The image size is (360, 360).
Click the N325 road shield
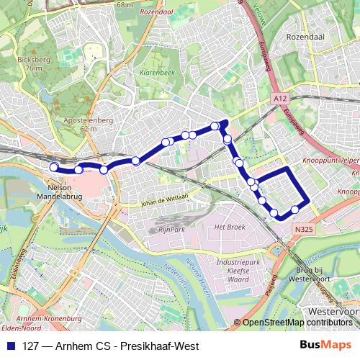304,228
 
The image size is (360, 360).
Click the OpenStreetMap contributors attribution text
297,323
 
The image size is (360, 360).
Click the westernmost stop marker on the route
53,167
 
